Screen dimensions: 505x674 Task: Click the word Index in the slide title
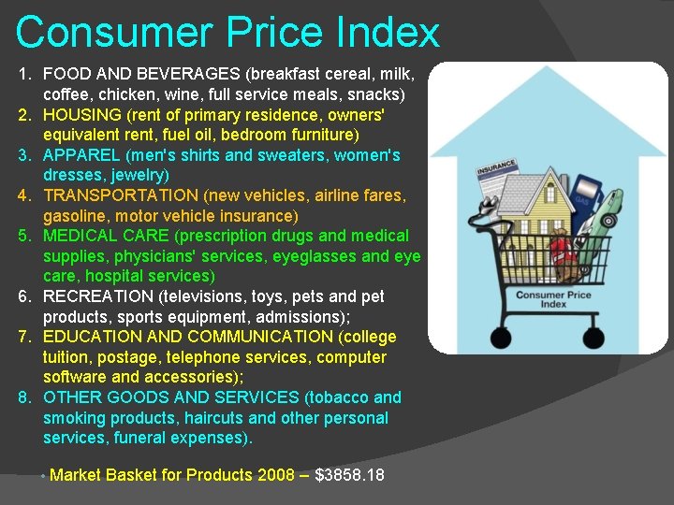[391, 33]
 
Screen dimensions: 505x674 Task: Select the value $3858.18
[349, 475]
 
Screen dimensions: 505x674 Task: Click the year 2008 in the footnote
[276, 475]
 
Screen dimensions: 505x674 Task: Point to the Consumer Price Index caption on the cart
[553, 299]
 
